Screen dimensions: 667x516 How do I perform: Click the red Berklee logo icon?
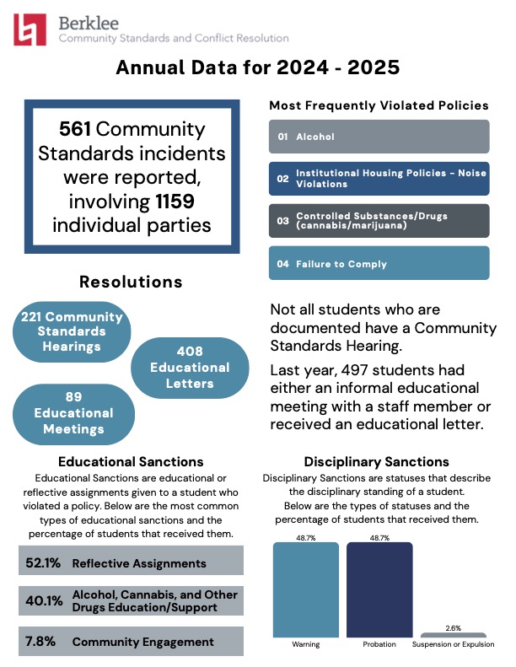pyautogui.click(x=30, y=30)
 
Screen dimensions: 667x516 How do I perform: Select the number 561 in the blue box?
pyautogui.click(x=76, y=130)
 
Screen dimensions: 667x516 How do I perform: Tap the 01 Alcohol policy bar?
pyautogui.click(x=379, y=136)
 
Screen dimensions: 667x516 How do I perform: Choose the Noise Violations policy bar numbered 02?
pyautogui.click(x=379, y=178)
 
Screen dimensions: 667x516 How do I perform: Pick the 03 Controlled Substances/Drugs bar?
pyautogui.click(x=379, y=220)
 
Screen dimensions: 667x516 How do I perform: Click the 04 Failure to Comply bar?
pyautogui.click(x=379, y=263)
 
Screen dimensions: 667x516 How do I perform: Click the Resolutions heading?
pyautogui.click(x=131, y=282)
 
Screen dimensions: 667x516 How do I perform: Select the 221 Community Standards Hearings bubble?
pyautogui.click(x=72, y=332)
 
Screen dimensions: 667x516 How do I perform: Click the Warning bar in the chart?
pyautogui.click(x=306, y=589)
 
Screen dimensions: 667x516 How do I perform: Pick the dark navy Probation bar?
pyautogui.click(x=379, y=589)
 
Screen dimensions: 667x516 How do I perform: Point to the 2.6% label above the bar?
pyautogui.click(x=453, y=627)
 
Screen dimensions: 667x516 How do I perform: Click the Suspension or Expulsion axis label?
pyautogui.click(x=453, y=645)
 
